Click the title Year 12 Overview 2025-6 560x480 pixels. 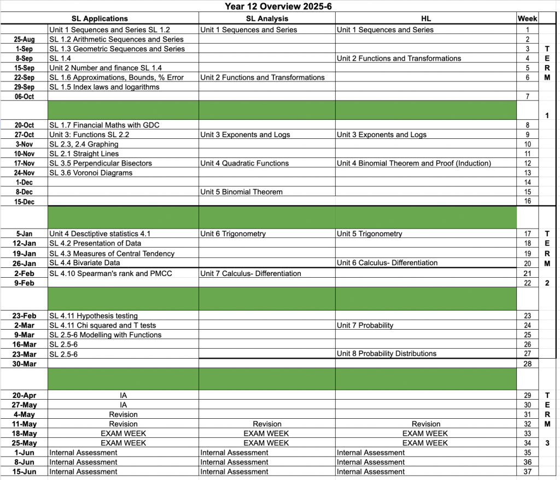click(x=279, y=7)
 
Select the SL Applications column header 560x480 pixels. click(x=100, y=19)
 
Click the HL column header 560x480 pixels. click(x=426, y=19)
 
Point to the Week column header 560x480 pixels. click(x=527, y=19)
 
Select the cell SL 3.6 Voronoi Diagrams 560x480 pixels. click(x=91, y=173)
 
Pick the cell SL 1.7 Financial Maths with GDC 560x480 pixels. click(x=104, y=125)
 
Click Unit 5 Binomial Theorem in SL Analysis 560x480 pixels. click(x=241, y=192)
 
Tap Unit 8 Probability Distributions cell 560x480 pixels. click(x=386, y=354)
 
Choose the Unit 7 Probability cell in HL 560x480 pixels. click(x=365, y=325)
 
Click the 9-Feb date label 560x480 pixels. click(x=25, y=283)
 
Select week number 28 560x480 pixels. click(x=527, y=364)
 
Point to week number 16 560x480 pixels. click(x=527, y=201)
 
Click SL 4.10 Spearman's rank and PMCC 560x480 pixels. click(x=110, y=273)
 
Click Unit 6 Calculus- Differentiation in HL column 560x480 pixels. click(x=387, y=263)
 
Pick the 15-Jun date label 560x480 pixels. click(x=25, y=472)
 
